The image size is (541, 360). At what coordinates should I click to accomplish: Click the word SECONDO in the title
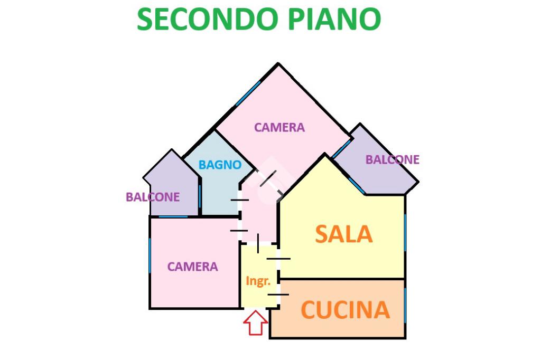click(206, 20)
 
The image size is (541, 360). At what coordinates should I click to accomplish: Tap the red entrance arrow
click(256, 323)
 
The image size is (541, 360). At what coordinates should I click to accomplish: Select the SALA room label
click(344, 234)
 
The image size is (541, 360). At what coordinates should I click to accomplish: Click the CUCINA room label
click(345, 310)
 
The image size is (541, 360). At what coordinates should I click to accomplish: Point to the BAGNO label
click(220, 165)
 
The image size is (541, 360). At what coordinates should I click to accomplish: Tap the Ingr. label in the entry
click(258, 281)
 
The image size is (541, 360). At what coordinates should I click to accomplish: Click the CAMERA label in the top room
click(279, 127)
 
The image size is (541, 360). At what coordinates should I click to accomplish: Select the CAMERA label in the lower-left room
click(192, 267)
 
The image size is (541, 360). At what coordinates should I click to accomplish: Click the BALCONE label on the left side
click(153, 197)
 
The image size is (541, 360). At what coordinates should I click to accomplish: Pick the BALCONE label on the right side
click(393, 159)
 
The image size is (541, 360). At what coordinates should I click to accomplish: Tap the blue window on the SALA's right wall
click(405, 232)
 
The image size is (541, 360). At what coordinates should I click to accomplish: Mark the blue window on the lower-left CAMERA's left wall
click(150, 255)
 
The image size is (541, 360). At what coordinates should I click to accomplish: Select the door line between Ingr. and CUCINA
click(277, 294)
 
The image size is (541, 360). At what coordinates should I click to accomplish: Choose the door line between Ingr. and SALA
click(278, 258)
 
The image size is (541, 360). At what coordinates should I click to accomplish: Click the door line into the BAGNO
click(240, 200)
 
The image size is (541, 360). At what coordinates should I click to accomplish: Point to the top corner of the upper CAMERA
click(278, 64)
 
